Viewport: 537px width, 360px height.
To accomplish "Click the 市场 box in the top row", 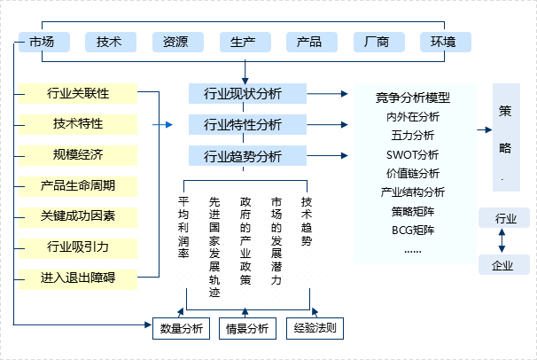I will tap(43, 42).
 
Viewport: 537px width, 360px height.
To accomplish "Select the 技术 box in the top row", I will tap(110, 42).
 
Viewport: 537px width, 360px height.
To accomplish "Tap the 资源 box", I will tap(176, 42).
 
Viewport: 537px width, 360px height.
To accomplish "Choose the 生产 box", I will tap(244, 42).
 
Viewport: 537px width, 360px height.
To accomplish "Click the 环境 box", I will tap(444, 42).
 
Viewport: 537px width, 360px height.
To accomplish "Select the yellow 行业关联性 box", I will tap(78, 93).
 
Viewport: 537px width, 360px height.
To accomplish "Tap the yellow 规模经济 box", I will tap(78, 155).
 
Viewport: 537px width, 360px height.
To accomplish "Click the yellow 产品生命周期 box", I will tap(78, 186).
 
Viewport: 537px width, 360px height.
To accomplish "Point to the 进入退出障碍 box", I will tap(78, 278).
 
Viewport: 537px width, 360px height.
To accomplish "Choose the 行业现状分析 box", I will tap(243, 93).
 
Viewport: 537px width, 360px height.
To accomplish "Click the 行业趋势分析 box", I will tap(243, 157).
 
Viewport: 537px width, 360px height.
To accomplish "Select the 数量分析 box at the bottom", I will tap(182, 328).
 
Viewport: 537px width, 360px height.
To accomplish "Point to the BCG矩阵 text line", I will tap(413, 230).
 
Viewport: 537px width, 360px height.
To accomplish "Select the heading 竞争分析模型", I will tap(413, 98).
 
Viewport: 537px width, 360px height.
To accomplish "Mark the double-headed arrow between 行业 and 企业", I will tap(503, 241).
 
